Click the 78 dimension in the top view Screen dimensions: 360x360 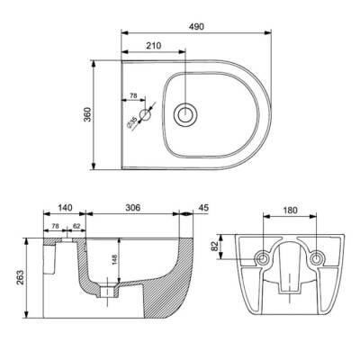pyautogui.click(x=133, y=96)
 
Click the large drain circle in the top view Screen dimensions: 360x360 pyautogui.click(x=186, y=114)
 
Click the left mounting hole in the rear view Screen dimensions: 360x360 pyautogui.click(x=262, y=257)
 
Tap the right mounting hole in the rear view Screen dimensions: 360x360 pyautogui.click(x=315, y=257)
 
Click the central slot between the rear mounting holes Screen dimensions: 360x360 pyautogui.click(x=288, y=270)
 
